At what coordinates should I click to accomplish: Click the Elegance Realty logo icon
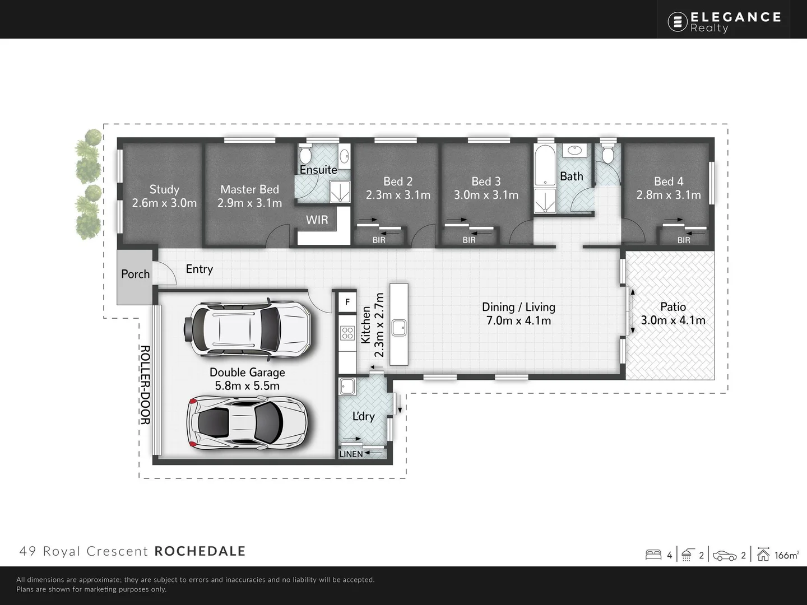(678, 22)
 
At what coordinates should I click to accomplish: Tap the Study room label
(164, 189)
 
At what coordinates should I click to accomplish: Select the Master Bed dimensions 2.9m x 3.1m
(249, 203)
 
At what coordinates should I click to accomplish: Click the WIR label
(317, 220)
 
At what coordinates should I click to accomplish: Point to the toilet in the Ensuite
(306, 154)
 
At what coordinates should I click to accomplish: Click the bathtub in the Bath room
(544, 166)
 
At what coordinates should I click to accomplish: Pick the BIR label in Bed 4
(684, 240)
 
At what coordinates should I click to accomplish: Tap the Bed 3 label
(486, 182)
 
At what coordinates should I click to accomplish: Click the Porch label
(136, 274)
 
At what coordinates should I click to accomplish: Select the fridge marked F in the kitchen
(347, 302)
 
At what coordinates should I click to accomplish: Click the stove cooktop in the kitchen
(347, 333)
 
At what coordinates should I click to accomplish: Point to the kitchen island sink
(399, 327)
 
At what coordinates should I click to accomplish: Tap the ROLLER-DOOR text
(145, 385)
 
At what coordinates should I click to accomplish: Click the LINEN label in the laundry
(351, 454)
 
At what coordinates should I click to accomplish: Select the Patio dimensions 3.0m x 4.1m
(673, 320)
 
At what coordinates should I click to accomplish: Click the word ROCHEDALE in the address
(200, 551)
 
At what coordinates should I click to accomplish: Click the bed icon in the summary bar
(653, 555)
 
